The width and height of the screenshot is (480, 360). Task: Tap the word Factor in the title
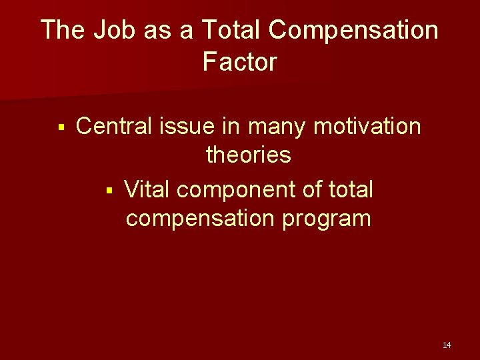point(239,62)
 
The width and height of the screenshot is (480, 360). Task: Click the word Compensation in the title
point(355,30)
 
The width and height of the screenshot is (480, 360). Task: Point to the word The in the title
point(63,30)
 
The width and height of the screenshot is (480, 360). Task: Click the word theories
point(249,155)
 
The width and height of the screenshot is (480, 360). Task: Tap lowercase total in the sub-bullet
point(351,189)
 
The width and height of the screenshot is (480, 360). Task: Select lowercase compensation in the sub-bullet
point(200,219)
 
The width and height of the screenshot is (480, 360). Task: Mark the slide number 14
point(447,345)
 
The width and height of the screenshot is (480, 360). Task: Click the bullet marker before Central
point(61,127)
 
